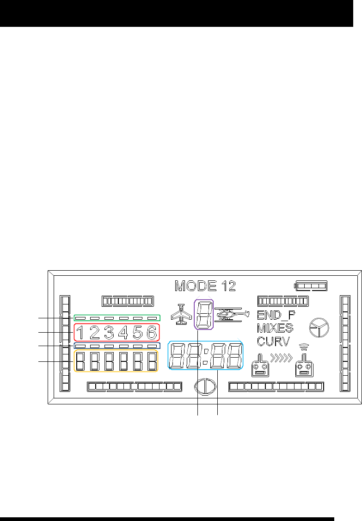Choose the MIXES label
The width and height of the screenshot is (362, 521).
point(275,329)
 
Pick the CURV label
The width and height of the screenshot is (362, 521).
point(273,342)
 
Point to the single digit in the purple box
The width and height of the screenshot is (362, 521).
point(204,315)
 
